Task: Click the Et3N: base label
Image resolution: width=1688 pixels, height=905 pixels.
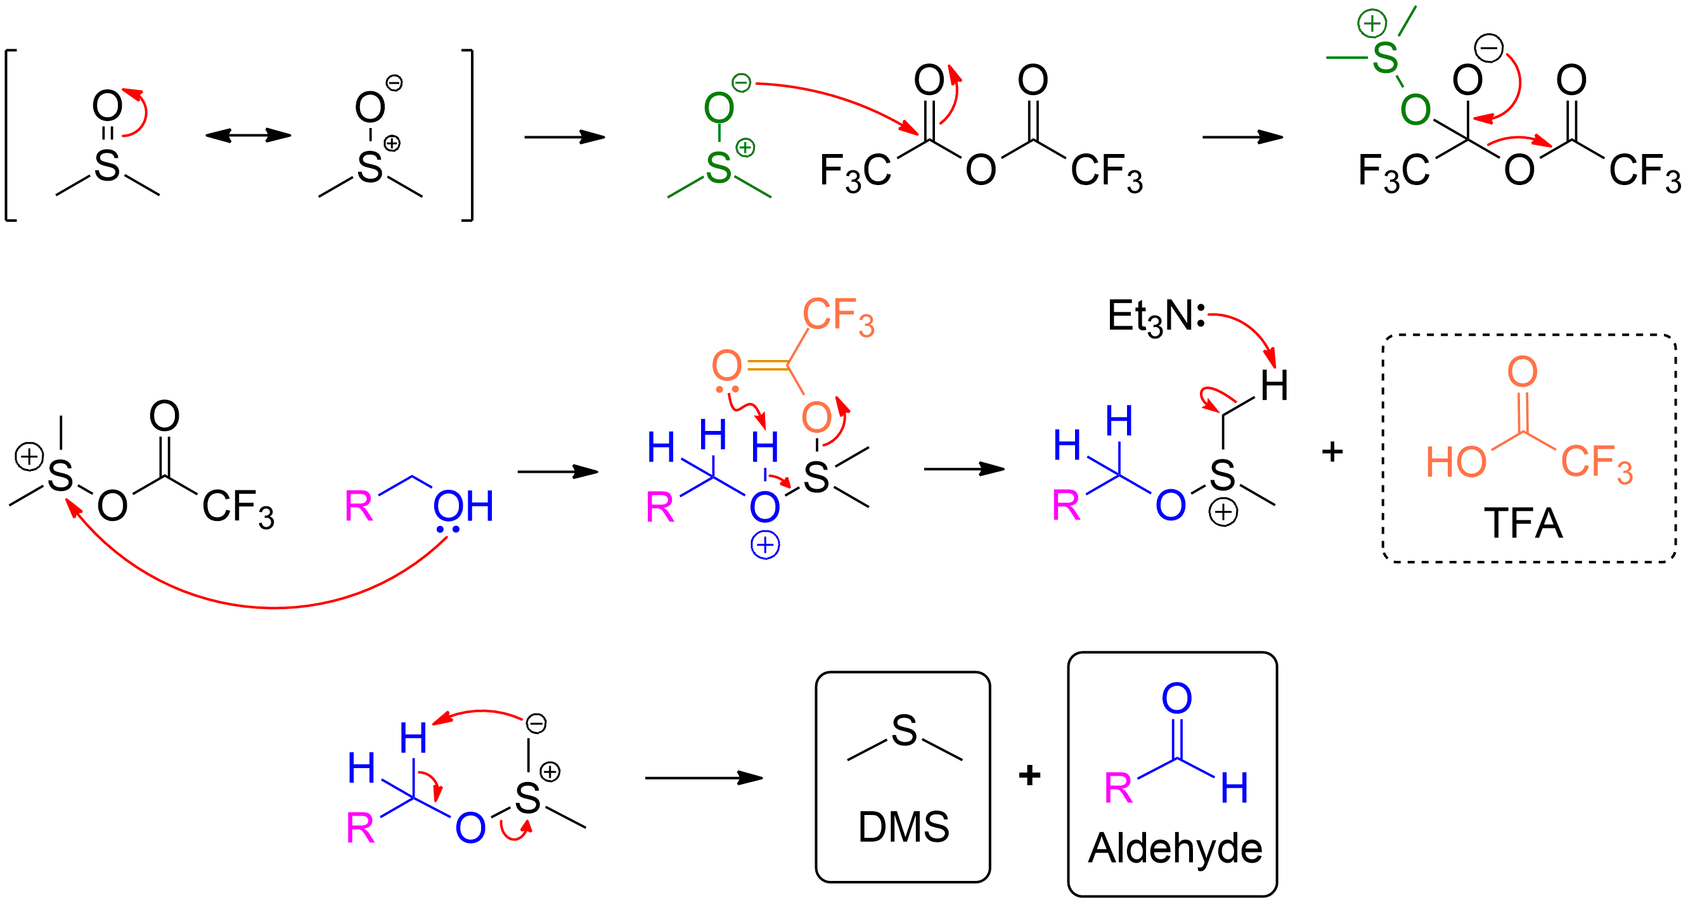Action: click(x=1156, y=317)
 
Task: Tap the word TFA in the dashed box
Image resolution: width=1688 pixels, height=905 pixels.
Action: click(x=1523, y=523)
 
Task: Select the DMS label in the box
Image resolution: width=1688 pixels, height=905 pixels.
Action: click(x=904, y=826)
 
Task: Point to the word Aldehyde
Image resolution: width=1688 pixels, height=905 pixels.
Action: click(x=1175, y=849)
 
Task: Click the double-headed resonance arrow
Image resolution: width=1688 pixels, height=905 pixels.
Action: click(x=248, y=136)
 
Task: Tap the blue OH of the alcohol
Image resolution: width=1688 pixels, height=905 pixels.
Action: click(x=463, y=506)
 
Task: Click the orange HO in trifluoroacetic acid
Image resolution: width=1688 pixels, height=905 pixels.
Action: click(x=1456, y=462)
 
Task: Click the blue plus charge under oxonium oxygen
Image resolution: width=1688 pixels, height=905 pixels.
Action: click(x=764, y=545)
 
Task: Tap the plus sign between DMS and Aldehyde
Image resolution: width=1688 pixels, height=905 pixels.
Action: click(x=1029, y=775)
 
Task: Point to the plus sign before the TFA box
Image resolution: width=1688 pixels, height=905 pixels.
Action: click(x=1332, y=451)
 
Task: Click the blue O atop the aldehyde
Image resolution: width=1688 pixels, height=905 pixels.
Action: click(x=1176, y=698)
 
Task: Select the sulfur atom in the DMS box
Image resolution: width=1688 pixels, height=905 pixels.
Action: click(x=905, y=731)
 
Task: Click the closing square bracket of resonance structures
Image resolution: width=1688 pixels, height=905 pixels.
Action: click(x=467, y=136)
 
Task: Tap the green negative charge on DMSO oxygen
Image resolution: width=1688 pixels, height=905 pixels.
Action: click(x=741, y=83)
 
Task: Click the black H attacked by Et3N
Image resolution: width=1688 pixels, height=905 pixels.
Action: click(x=1275, y=385)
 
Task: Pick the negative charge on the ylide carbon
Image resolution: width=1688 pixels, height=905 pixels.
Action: click(x=536, y=724)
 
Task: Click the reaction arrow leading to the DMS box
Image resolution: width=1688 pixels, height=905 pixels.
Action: click(x=704, y=778)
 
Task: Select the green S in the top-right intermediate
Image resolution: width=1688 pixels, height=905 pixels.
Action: click(x=1384, y=58)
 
